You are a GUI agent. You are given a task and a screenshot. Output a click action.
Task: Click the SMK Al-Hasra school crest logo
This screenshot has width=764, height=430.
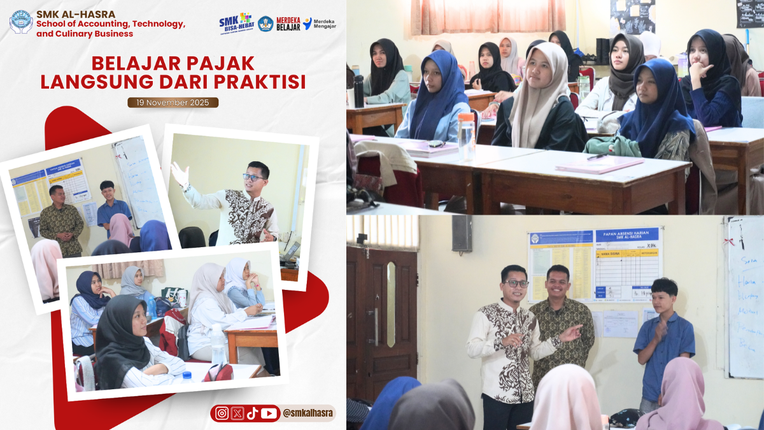click(21, 22)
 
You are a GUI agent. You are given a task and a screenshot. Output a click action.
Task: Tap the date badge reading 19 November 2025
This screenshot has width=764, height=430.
click(173, 103)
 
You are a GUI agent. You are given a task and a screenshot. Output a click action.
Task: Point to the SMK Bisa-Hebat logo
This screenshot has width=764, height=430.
click(236, 24)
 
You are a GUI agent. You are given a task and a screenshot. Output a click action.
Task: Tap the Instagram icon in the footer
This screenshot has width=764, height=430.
click(222, 413)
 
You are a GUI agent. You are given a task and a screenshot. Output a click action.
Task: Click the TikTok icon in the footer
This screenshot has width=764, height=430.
click(253, 413)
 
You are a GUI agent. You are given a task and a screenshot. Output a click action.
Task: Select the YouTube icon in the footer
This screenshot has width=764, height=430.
click(269, 413)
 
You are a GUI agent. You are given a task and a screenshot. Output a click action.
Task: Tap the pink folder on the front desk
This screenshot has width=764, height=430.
click(598, 165)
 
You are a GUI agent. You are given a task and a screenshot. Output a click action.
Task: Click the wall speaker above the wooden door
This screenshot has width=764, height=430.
click(462, 234)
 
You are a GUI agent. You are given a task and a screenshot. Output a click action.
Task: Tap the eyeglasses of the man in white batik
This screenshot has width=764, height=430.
click(515, 283)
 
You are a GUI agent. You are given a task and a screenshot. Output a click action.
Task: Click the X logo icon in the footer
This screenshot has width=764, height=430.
click(237, 413)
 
